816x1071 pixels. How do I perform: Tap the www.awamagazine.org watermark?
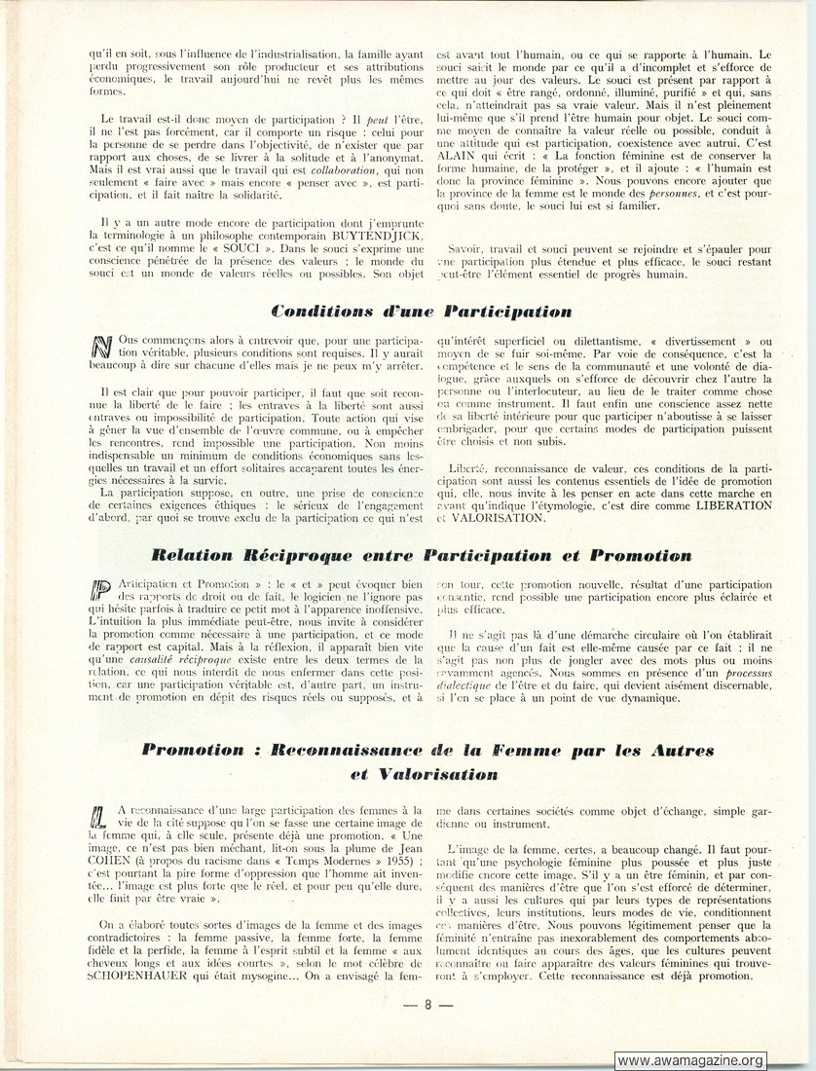pos(690,1060)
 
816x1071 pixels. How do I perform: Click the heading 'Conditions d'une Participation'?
pos(422,312)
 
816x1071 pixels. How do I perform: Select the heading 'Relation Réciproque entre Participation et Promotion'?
pos(421,555)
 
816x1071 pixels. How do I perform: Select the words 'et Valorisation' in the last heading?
pos(425,775)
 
